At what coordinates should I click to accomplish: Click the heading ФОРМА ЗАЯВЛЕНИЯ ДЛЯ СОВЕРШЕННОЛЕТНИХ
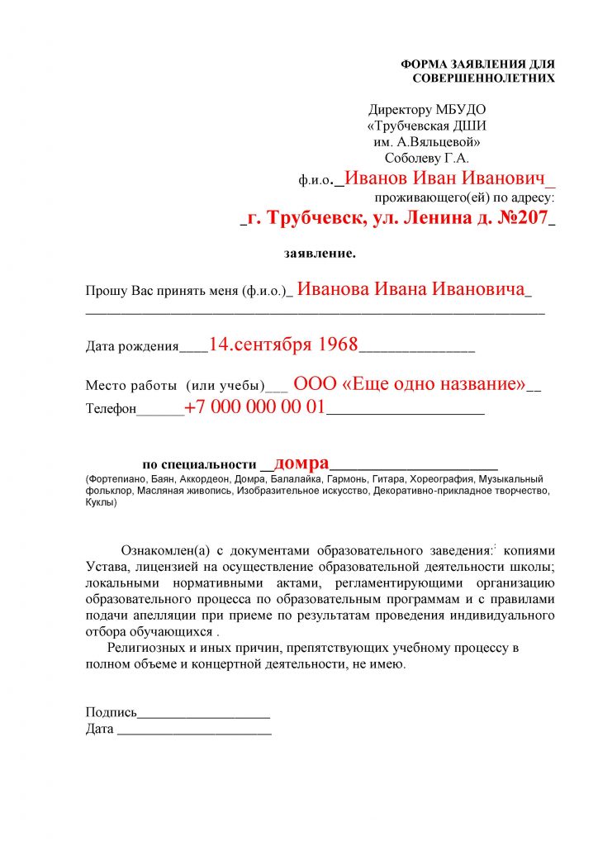tap(477, 71)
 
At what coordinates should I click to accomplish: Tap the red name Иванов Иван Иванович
tap(446, 178)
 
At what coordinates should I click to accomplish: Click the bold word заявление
tap(320, 253)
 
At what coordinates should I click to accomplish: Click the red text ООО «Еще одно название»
tap(410, 384)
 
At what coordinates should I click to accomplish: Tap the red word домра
tap(301, 463)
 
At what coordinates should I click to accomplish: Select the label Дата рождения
tap(132, 347)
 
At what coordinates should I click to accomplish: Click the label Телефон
tap(111, 409)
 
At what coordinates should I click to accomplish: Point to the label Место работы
tap(131, 386)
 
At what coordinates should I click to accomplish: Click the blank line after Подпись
tap(204, 713)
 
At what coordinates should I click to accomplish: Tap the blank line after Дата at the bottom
tap(195, 730)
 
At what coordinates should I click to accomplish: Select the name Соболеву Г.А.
tap(426, 158)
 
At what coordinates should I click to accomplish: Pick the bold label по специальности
tap(201, 464)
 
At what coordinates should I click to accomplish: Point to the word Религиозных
tap(148, 649)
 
